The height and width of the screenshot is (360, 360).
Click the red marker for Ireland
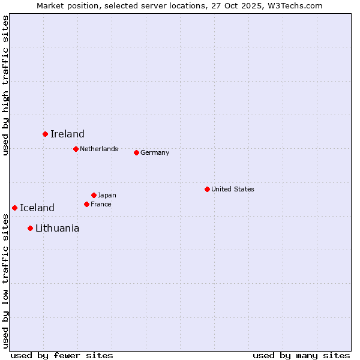(x=45, y=134)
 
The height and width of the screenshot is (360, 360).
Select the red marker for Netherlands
(x=76, y=149)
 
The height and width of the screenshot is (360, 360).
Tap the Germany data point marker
(x=136, y=152)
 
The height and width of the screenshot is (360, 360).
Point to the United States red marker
(x=207, y=189)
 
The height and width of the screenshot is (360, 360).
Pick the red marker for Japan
(x=94, y=195)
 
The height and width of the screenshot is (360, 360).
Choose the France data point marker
(x=86, y=204)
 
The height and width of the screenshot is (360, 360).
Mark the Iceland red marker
(x=14, y=208)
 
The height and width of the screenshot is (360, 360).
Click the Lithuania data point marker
(x=30, y=228)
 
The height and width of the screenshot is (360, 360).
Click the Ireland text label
(x=67, y=134)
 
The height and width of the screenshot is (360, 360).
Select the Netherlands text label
(x=99, y=149)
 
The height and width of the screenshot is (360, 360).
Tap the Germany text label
(x=155, y=152)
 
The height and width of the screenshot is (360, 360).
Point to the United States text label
(x=233, y=189)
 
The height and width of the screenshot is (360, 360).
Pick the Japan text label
(x=107, y=195)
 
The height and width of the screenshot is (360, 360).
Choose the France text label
(x=101, y=204)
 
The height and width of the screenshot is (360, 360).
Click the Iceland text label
(x=37, y=208)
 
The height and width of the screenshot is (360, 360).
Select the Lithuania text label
(x=57, y=228)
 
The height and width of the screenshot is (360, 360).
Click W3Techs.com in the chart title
(x=296, y=5)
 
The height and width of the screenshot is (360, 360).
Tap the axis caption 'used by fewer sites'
(x=62, y=355)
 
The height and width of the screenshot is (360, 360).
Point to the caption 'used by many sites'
(x=301, y=355)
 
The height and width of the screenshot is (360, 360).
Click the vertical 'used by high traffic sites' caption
(x=5, y=85)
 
